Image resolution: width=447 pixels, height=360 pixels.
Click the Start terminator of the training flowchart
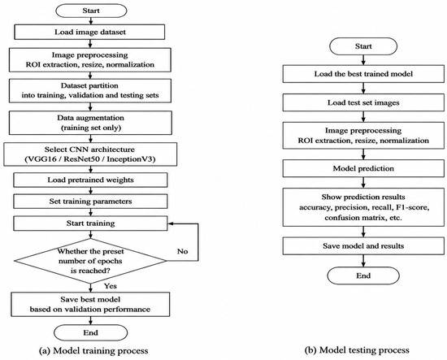tap(91, 11)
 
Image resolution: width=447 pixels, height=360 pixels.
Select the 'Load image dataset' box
tap(89, 32)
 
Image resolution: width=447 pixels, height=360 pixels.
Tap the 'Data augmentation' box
tap(90, 123)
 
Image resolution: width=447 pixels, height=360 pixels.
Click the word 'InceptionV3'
tap(131, 159)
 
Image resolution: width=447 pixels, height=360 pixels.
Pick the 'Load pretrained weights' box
tap(90, 180)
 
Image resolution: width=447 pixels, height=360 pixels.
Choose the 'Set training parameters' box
tap(90, 202)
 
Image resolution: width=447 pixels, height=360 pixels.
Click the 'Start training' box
tap(90, 223)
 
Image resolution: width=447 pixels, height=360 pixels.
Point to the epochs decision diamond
tap(90, 261)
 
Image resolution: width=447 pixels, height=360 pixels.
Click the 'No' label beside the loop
tap(182, 251)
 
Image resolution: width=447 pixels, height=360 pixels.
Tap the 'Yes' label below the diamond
tap(111, 286)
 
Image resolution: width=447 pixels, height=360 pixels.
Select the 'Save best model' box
tap(90, 304)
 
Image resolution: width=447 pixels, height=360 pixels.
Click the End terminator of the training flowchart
tap(91, 333)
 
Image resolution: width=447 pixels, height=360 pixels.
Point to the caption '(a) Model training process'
tap(93, 350)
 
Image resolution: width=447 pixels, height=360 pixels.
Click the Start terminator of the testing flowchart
tap(363, 46)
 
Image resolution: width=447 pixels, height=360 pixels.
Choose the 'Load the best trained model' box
tap(363, 74)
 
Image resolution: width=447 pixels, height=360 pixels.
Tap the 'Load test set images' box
tap(363, 102)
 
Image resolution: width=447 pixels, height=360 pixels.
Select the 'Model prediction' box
tap(363, 168)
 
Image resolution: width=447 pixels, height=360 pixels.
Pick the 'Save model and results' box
tap(363, 246)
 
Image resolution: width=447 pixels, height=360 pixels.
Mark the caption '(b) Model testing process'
tap(357, 350)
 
